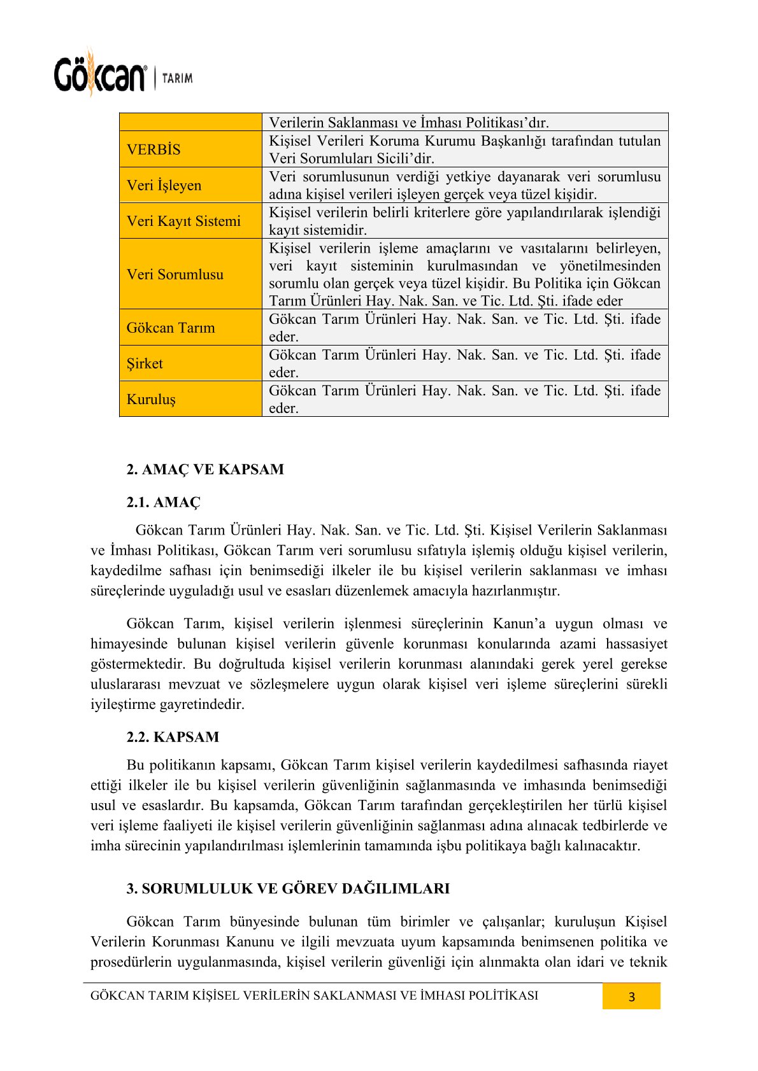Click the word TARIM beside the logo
pos(177,78)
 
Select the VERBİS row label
pos(154,150)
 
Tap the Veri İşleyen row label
pos(164,185)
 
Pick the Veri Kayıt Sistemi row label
pos(183,221)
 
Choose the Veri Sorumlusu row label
pos(175,274)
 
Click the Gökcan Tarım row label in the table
pos(171,328)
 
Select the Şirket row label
pos(145,363)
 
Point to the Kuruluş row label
pos(151,399)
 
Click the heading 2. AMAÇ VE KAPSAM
pos(205,470)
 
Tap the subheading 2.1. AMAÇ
pos(163,503)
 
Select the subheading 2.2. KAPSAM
pos(173,737)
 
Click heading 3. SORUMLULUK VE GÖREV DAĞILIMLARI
pos(288,888)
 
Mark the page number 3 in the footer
pos(631,997)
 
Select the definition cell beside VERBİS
pos(464,150)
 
